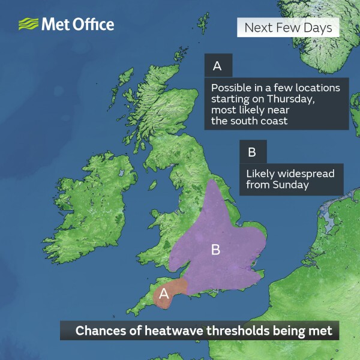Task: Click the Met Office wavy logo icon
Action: coord(28,25)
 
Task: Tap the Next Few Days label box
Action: coord(288,28)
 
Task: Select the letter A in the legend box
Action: coord(217,65)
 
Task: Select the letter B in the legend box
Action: coord(251,152)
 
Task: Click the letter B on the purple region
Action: coord(215,250)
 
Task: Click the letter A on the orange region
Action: coord(162,295)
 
